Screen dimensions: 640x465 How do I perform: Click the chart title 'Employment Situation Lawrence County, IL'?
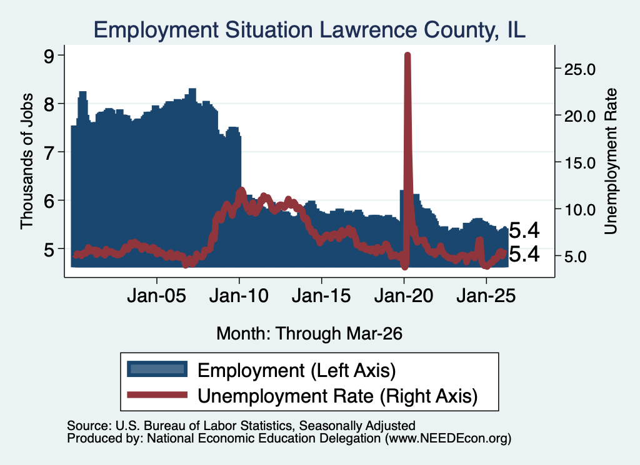[309, 30]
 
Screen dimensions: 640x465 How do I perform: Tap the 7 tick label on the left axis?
[49, 152]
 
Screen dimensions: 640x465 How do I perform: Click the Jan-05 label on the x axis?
[157, 296]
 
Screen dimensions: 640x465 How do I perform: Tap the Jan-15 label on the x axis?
[321, 296]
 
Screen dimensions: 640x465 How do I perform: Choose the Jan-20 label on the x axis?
[404, 296]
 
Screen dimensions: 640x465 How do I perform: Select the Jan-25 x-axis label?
[486, 296]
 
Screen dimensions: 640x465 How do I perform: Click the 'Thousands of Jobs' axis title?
[27, 161]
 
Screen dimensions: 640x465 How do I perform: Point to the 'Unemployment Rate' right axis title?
[611, 162]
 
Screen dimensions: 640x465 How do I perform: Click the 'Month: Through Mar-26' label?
[309, 333]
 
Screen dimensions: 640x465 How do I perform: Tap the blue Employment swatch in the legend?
[157, 369]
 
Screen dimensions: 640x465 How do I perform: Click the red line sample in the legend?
[157, 394]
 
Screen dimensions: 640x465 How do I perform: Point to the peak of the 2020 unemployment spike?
[407, 54]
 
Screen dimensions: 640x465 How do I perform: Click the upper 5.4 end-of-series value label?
[524, 231]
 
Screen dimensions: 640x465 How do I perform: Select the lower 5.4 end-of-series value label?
[524, 254]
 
